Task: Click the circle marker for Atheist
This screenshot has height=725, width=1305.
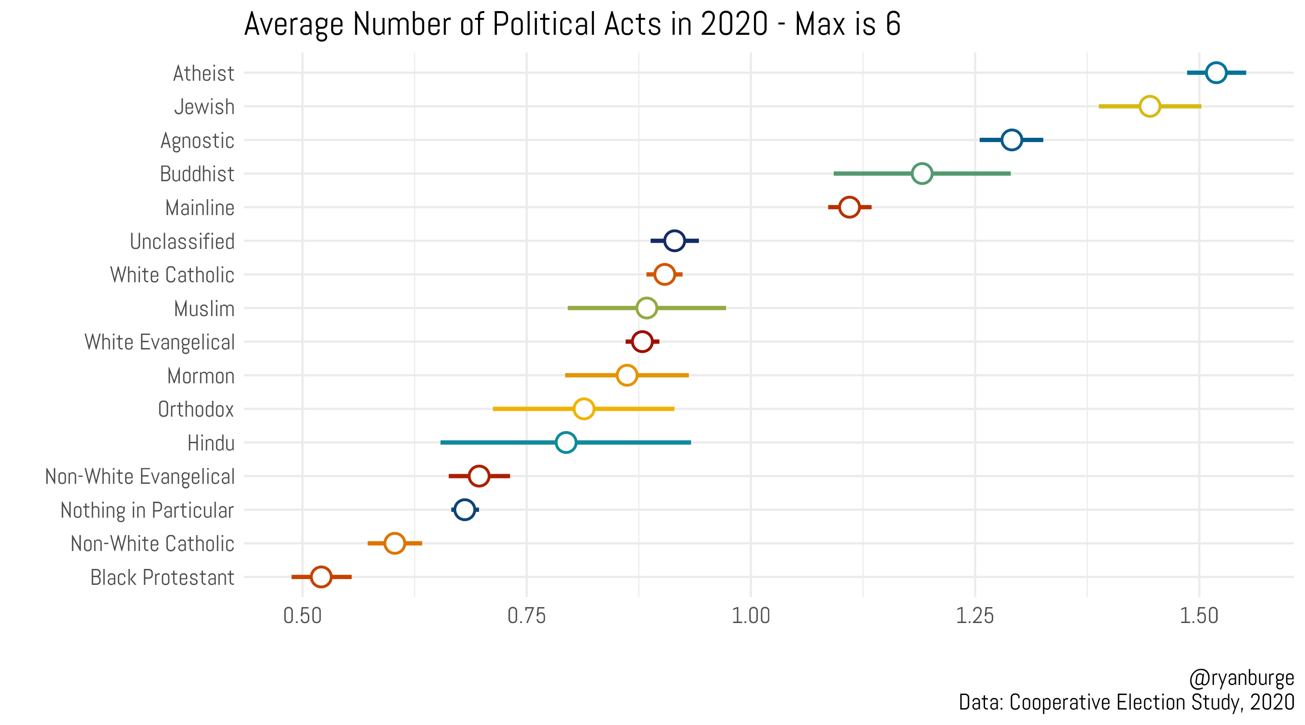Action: tap(1216, 72)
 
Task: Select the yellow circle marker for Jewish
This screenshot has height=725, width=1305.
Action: tap(1149, 106)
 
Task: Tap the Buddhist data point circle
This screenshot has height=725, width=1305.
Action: tap(922, 174)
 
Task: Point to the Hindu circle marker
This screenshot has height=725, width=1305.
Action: tap(566, 442)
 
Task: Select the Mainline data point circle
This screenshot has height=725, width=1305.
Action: tap(849, 207)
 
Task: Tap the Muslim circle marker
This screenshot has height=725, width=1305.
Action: tap(646, 308)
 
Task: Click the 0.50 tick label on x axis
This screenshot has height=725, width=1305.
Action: tap(303, 616)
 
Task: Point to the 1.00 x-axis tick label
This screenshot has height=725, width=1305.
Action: tap(751, 616)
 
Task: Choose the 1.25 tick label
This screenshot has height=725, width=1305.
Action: tap(975, 616)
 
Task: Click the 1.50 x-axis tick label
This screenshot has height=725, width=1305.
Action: tap(1199, 616)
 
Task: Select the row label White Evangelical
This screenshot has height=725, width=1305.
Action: tap(159, 342)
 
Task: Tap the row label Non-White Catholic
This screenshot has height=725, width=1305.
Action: tap(152, 544)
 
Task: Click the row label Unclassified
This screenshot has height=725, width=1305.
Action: tap(182, 241)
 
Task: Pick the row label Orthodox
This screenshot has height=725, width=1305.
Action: tap(196, 409)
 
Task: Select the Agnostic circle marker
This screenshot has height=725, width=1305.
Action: tap(1011, 140)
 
